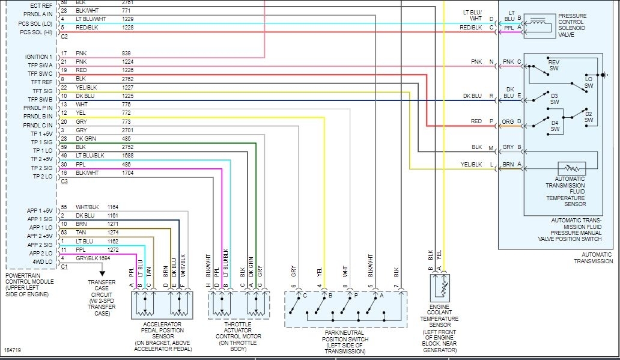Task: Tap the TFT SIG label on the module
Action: point(42,91)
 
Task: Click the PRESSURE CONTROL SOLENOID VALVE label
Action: point(576,25)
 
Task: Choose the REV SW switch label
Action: point(553,65)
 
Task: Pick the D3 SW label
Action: point(554,99)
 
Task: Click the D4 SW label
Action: point(555,126)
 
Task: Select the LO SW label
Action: point(589,82)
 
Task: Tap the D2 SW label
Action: point(589,117)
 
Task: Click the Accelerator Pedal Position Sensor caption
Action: point(162,333)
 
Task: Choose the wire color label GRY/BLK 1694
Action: point(93,258)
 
